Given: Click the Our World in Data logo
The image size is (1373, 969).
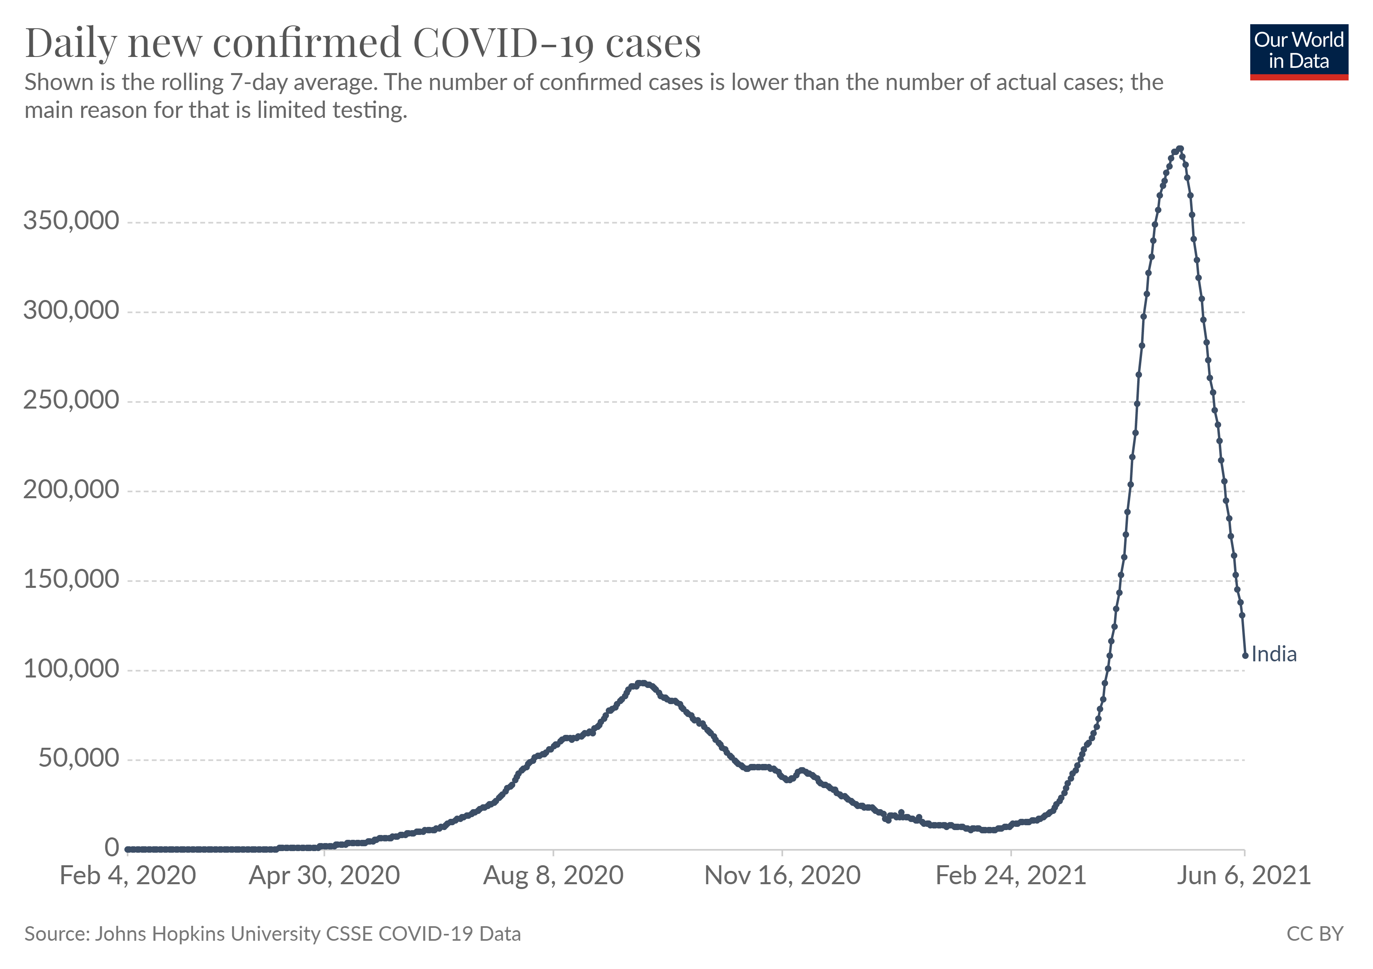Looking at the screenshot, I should point(1298,51).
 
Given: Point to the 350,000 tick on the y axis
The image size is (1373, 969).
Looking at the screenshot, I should point(71,221).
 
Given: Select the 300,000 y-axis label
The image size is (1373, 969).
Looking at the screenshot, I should point(71,311).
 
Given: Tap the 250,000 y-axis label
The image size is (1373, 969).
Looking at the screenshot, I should point(71,401).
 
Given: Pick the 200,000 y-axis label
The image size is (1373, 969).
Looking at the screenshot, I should point(71,490).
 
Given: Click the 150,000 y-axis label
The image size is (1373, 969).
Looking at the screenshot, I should point(71,580).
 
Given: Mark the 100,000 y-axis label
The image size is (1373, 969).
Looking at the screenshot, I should point(71,669).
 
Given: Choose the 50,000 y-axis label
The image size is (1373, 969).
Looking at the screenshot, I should point(79,759).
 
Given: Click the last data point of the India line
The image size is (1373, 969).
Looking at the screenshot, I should point(1245,656).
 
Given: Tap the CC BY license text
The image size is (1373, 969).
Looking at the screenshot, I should point(1314,934).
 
